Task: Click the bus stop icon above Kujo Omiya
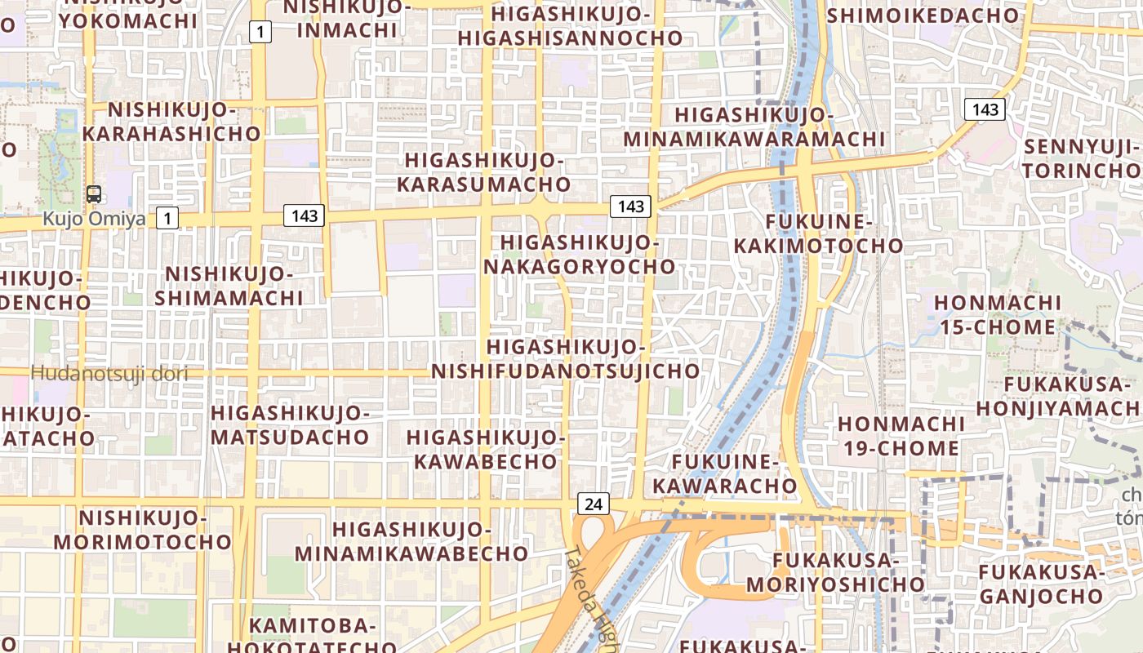94,194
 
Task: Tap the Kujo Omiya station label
94,219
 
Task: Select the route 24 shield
594,504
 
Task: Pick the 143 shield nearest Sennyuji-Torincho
985,109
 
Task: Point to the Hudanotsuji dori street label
109,374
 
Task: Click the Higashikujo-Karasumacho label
484,172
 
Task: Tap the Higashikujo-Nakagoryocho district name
580,255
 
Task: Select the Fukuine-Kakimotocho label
818,233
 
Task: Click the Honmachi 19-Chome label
901,436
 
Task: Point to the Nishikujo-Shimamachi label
229,286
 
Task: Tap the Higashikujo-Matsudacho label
291,424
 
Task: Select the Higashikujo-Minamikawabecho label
411,541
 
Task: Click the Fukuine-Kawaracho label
733,474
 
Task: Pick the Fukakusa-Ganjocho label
1039,584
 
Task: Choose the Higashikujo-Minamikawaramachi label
754,127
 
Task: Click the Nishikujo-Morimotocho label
144,530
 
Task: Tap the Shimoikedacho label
923,15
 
